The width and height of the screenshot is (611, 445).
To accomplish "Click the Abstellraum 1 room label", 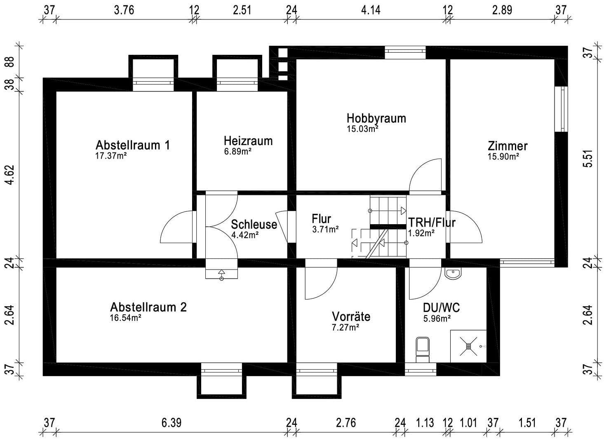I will click(132, 145).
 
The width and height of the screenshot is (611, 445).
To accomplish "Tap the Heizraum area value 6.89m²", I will click(238, 152).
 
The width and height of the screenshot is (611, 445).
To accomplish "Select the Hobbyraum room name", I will click(376, 118).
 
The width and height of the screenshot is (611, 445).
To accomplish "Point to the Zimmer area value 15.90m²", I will click(503, 157).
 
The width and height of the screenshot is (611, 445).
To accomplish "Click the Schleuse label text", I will click(254, 225).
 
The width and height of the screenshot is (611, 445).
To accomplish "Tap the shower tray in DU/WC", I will click(468, 346).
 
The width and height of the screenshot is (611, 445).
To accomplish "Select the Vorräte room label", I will click(351, 316).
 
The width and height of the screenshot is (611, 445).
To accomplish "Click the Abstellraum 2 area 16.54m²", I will click(126, 318).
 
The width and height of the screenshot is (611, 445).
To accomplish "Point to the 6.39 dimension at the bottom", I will click(171, 423).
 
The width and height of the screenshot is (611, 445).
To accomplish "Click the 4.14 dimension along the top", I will click(371, 9).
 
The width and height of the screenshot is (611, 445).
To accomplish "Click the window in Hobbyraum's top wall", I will click(405, 52).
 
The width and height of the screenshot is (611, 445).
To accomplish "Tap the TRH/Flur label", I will click(431, 222).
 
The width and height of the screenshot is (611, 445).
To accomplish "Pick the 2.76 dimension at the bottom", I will click(345, 423).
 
